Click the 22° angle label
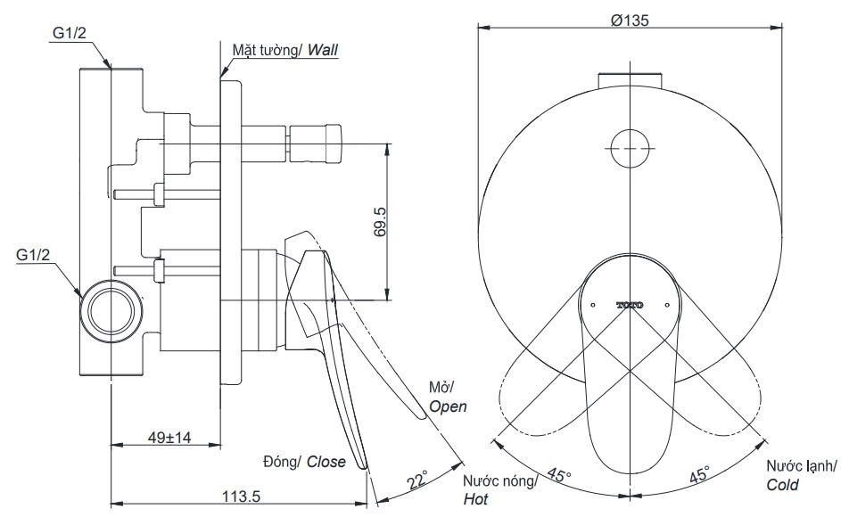click(416, 482)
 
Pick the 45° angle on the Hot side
click(559, 475)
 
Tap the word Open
click(448, 406)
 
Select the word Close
click(327, 462)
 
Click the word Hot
click(475, 500)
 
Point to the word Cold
click(782, 486)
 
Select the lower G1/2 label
click(34, 255)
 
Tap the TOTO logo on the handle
click(630, 305)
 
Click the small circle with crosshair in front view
click(630, 144)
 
